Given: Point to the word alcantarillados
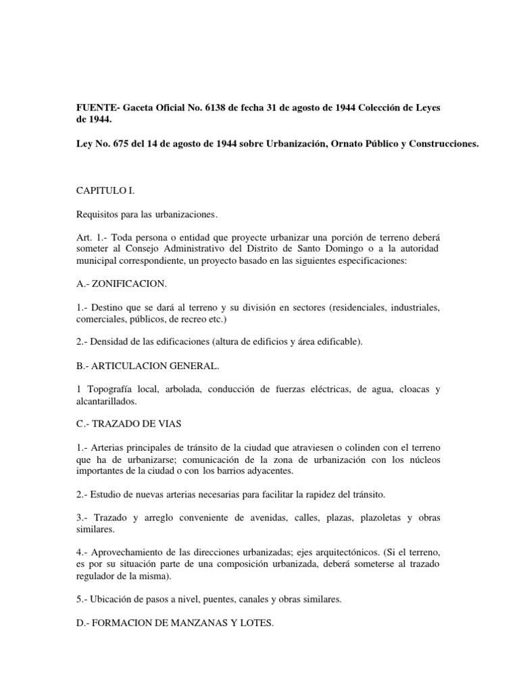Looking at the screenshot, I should (106, 401).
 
